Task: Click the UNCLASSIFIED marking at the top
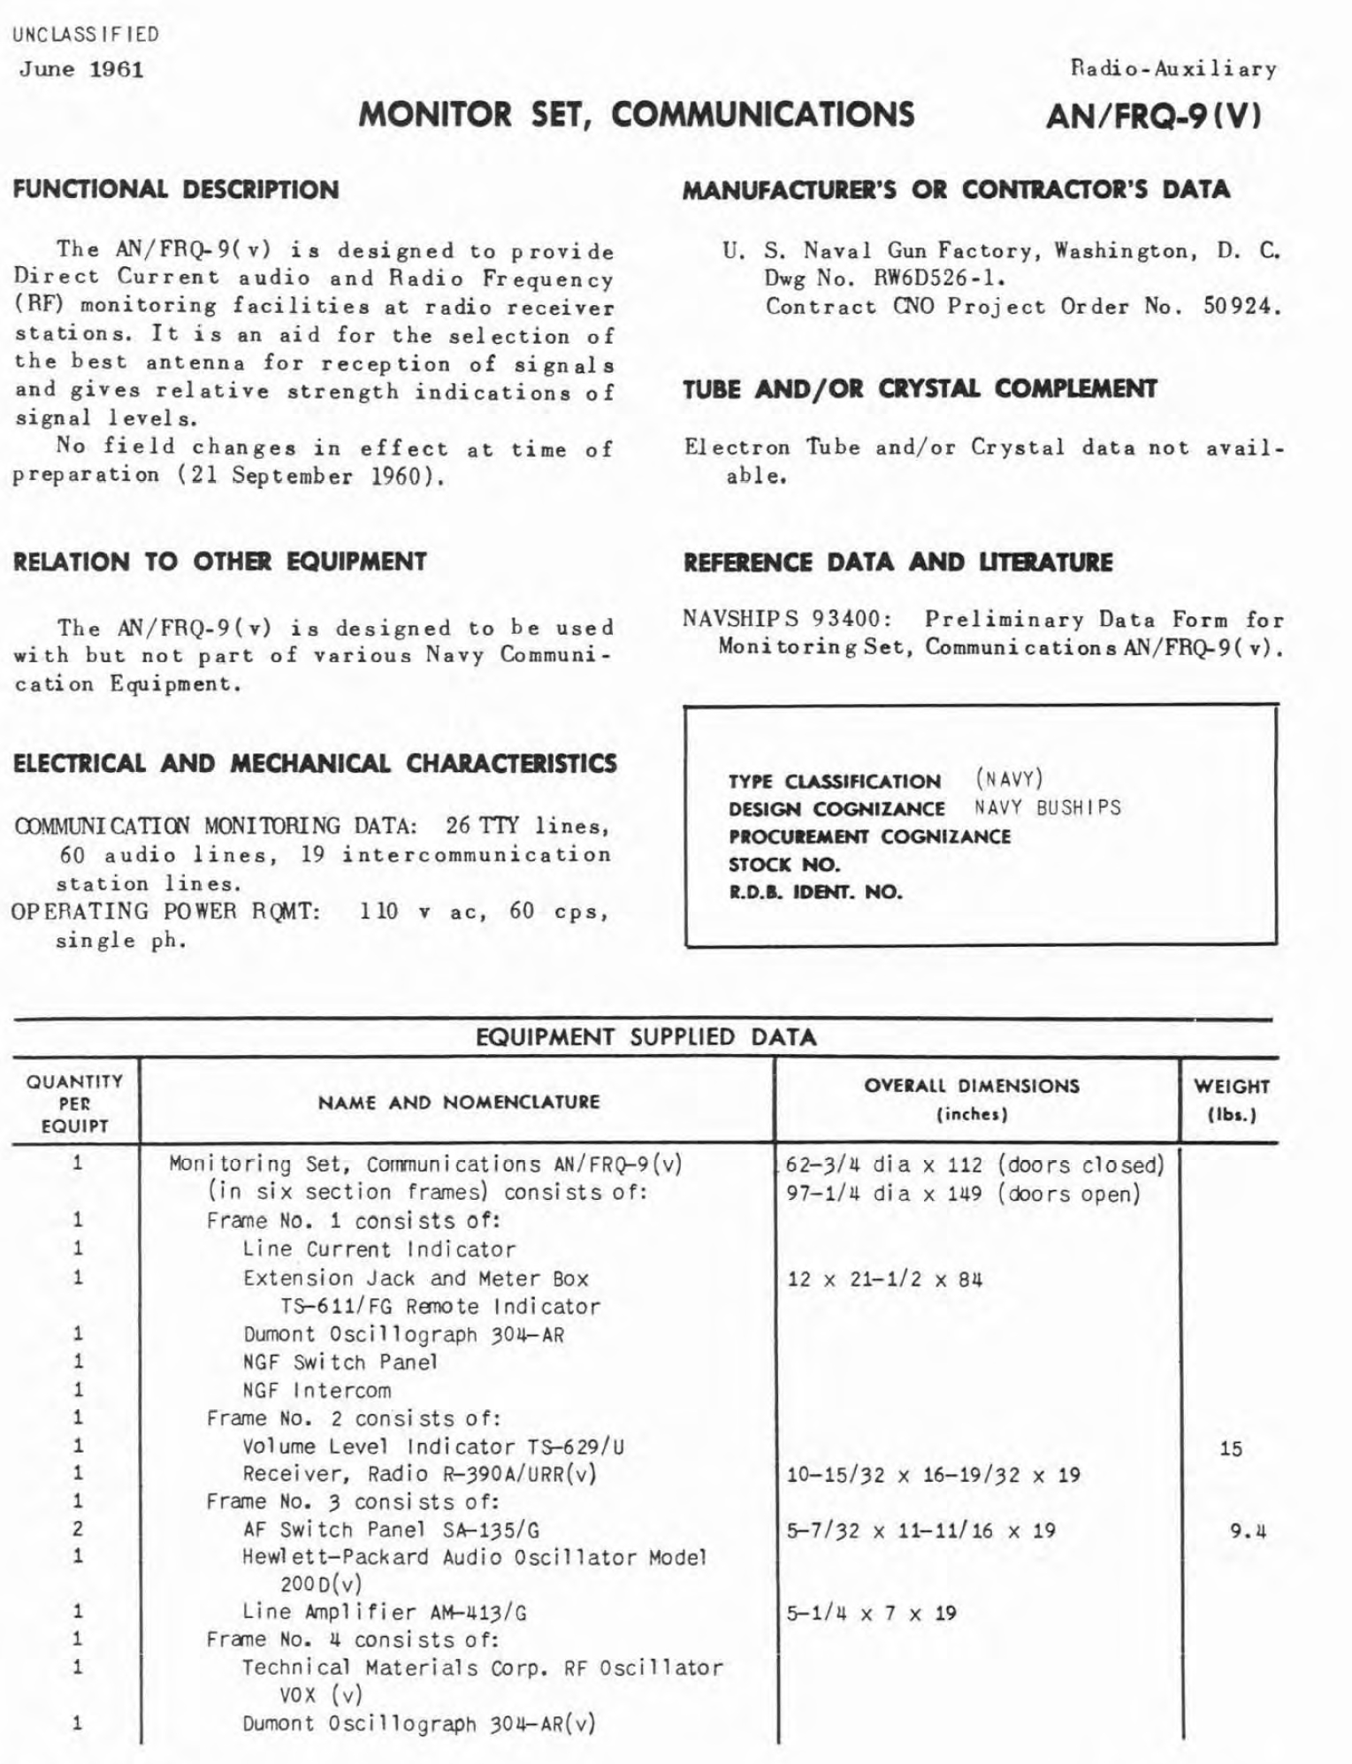point(86,35)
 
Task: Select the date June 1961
point(81,69)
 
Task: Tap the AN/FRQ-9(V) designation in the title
point(1153,115)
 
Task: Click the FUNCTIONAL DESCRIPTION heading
point(176,190)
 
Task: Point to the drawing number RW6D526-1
point(939,279)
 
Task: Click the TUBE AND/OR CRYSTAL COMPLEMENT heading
point(920,389)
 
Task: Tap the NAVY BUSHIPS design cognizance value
point(1048,807)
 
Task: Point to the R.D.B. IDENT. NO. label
point(815,891)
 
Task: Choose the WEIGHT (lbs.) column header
point(1231,1099)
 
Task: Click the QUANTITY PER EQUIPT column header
point(75,1103)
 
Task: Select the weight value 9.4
point(1248,1531)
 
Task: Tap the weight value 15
point(1231,1448)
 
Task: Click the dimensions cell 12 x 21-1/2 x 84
point(884,1279)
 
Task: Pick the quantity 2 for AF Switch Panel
point(78,1529)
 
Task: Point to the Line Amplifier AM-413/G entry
point(385,1612)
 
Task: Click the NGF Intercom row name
point(317,1390)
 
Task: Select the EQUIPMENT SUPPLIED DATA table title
point(645,1036)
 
